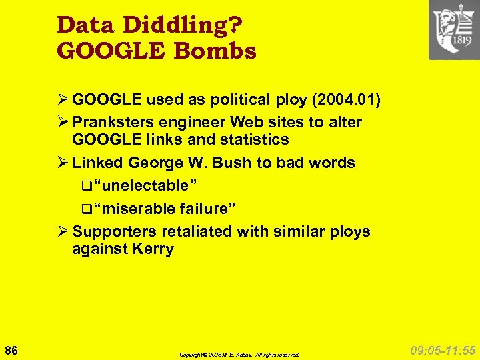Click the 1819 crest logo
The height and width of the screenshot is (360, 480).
pos(454,30)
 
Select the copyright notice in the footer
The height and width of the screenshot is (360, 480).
pos(239,355)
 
